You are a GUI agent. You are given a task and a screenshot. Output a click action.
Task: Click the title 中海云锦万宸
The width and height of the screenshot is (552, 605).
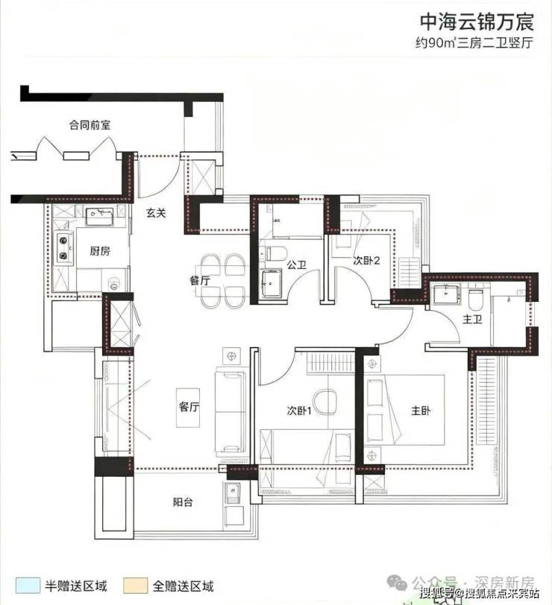click(477, 22)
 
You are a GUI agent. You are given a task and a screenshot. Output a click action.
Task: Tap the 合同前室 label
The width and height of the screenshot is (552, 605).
click(90, 125)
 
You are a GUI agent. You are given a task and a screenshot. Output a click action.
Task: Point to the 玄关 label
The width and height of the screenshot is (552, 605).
click(156, 212)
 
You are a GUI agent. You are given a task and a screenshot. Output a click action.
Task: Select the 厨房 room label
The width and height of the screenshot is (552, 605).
click(100, 251)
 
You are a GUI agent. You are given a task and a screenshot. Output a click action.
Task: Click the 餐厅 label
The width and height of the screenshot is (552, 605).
click(200, 280)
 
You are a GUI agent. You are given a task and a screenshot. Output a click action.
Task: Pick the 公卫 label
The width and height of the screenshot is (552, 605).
click(296, 265)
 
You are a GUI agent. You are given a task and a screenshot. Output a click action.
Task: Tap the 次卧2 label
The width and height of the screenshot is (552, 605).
click(366, 261)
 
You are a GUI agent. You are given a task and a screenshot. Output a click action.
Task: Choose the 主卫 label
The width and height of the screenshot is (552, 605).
click(472, 319)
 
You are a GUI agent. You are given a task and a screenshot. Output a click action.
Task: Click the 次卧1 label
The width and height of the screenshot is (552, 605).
click(299, 410)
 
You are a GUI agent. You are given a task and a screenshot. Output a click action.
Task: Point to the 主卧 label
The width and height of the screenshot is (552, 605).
click(420, 411)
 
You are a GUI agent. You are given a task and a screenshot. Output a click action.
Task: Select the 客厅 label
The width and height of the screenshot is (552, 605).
click(189, 407)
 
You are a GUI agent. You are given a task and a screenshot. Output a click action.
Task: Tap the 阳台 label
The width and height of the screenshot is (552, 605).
click(182, 502)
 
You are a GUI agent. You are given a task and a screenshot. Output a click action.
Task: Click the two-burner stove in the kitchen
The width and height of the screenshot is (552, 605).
click(63, 247)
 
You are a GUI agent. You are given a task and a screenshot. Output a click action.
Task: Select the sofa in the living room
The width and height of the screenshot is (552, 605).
click(230, 412)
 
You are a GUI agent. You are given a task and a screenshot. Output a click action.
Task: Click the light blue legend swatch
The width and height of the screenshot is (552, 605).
click(28, 586)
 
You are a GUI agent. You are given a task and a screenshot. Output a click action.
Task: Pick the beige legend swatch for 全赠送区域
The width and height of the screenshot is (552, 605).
click(135, 586)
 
